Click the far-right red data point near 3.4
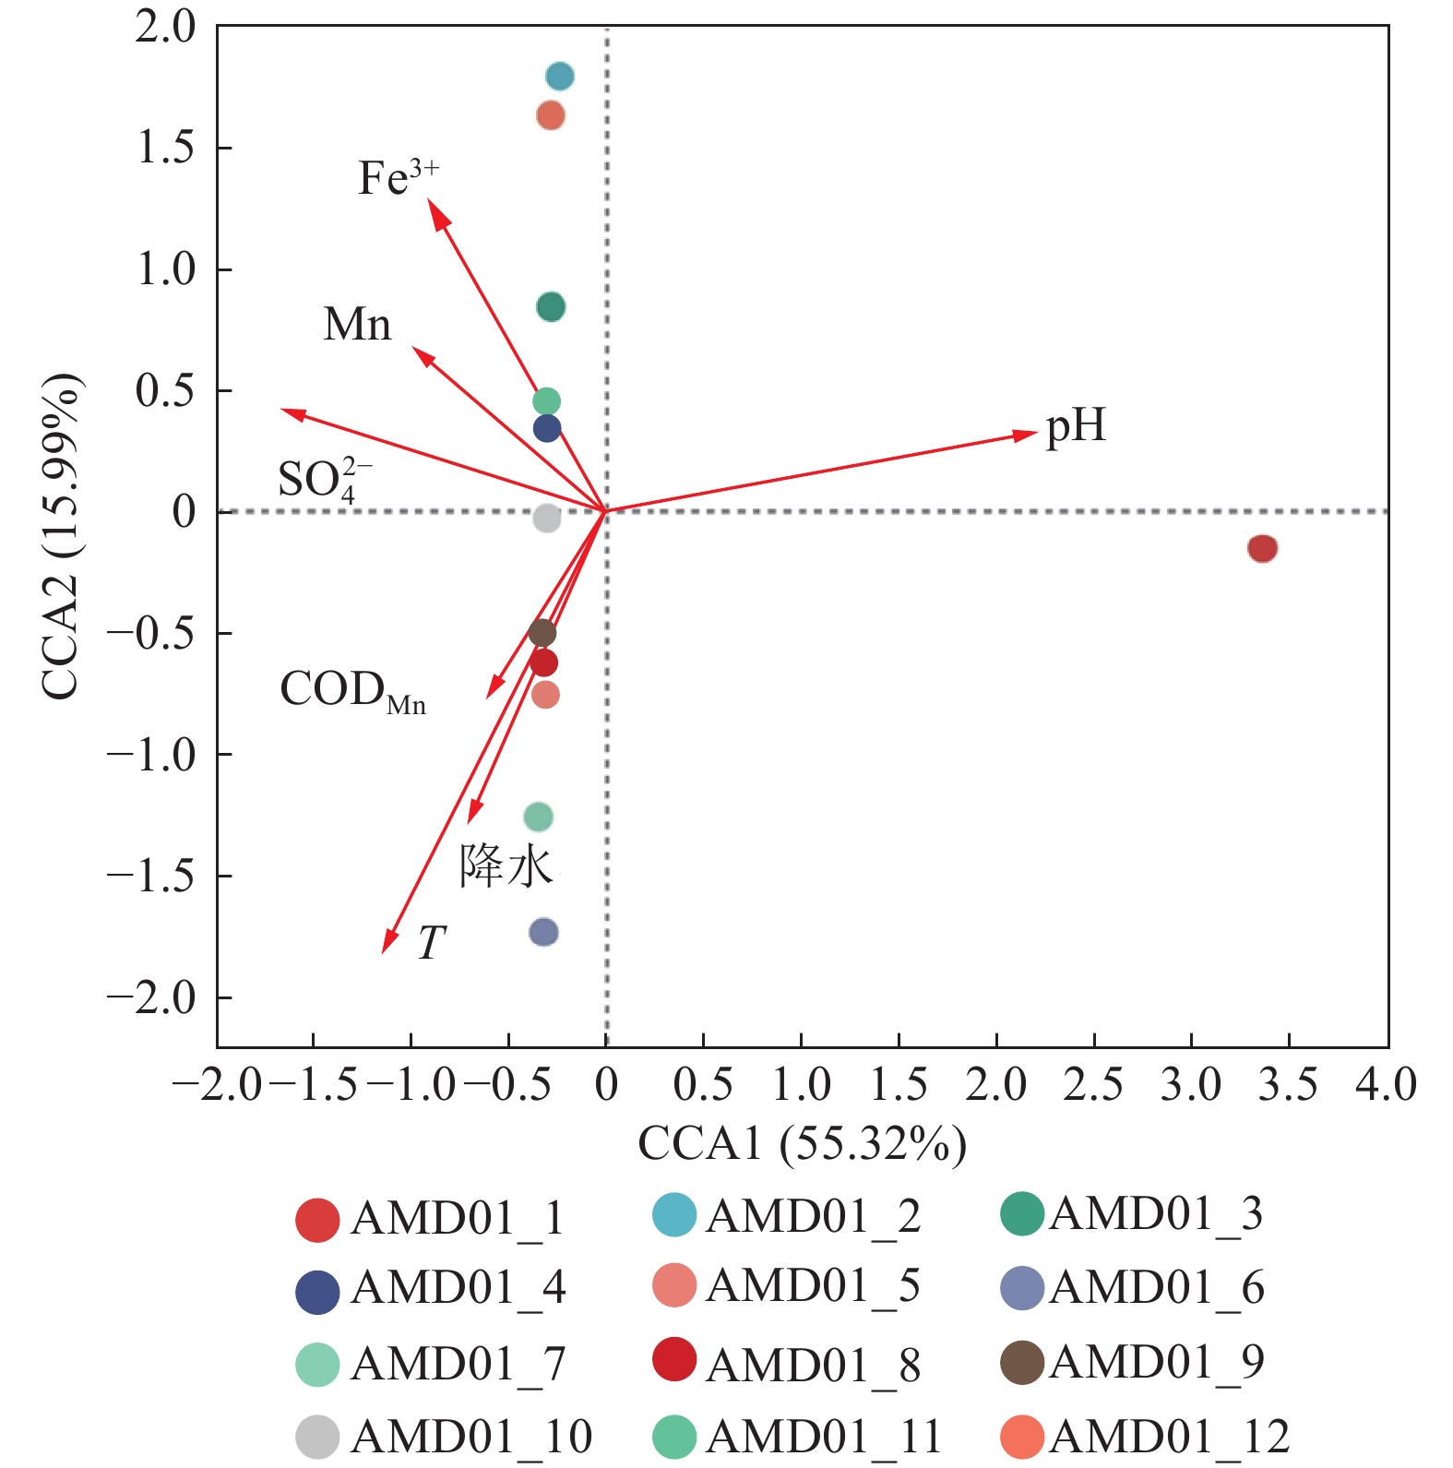pos(1262,548)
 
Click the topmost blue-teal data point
pos(559,76)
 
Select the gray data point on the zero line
pos(547,519)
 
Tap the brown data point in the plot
pos(542,633)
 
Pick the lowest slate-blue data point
pos(543,932)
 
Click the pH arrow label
pos(1075,426)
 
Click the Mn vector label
pos(357,325)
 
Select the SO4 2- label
pos(324,480)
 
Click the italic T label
pos(431,943)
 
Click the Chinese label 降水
pos(506,866)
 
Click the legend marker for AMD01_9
pos(1022,1363)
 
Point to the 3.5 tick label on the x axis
pos(1288,1084)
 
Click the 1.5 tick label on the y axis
pos(167,148)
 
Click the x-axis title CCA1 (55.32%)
pos(802,1144)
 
